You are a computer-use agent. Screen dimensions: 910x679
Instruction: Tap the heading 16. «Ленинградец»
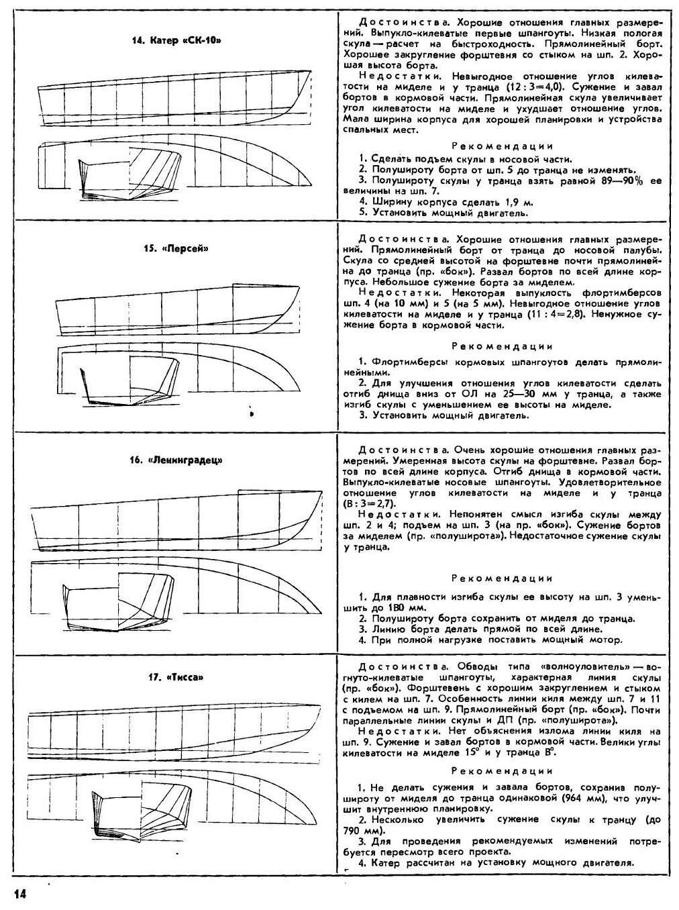[x=176, y=461]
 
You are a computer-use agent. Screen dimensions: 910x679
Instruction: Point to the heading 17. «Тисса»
[x=176, y=677]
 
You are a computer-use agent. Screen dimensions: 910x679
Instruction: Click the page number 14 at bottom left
[x=18, y=894]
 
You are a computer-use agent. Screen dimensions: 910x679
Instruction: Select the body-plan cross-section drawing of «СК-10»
[x=128, y=172]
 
